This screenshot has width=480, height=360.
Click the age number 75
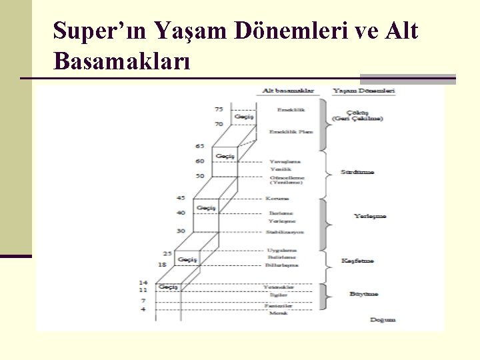click(219, 109)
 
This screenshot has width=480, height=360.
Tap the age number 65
click(200, 146)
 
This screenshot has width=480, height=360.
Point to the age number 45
click(181, 198)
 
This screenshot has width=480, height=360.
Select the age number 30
click(181, 231)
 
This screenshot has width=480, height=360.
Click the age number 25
click(167, 253)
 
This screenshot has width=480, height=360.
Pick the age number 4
click(143, 310)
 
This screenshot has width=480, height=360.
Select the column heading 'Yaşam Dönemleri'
click(364, 90)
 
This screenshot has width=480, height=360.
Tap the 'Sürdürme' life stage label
click(357, 172)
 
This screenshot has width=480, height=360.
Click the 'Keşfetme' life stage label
click(357, 261)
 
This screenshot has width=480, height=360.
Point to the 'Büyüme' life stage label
click(364, 293)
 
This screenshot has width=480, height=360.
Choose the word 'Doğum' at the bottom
click(383, 319)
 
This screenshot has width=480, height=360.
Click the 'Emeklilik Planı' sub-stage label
click(291, 132)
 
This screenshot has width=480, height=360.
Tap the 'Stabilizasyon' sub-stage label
click(285, 231)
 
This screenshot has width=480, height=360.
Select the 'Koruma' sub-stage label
click(277, 198)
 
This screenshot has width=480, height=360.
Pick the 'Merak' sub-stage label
click(277, 313)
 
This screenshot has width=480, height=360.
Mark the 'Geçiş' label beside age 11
click(167, 287)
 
